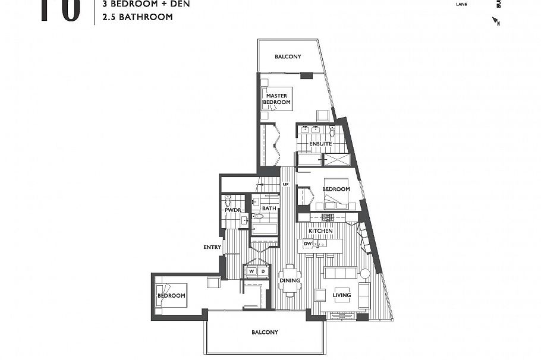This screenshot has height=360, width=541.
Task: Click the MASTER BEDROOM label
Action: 277,99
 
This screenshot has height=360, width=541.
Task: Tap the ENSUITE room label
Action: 320,144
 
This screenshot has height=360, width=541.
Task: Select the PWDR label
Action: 231,210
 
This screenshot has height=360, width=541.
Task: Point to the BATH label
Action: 269,209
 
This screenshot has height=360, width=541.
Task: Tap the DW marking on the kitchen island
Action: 307,244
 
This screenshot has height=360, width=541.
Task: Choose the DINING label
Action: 290,280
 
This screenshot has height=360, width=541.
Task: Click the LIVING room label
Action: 341,295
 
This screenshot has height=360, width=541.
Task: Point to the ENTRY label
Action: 212,247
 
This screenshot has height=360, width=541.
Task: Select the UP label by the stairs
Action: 285,185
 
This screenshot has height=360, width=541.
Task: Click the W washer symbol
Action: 251,271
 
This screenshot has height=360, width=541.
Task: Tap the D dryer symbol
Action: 263,271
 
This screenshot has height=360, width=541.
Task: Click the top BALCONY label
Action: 288,57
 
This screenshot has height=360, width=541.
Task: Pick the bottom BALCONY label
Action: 265,332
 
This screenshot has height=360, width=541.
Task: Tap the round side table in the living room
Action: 364,274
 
